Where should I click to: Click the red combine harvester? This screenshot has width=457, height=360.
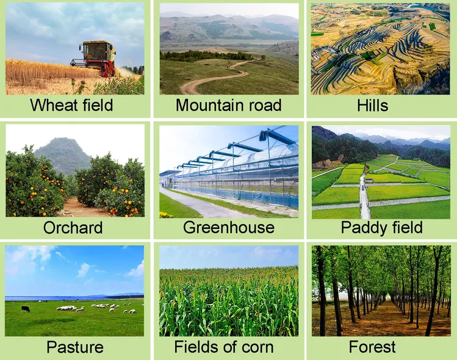[94, 58]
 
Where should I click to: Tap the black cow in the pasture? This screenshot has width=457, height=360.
[26, 309]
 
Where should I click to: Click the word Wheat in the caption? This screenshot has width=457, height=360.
[54, 105]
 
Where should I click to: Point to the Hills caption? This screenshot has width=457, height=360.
[372, 105]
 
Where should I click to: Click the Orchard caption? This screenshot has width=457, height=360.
[73, 228]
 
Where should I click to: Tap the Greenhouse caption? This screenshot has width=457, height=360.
[228, 228]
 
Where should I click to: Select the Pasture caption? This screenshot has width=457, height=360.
[75, 347]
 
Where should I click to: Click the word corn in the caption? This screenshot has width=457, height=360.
[257, 347]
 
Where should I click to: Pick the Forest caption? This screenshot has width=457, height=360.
[372, 347]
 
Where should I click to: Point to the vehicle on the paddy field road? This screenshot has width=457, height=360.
[362, 188]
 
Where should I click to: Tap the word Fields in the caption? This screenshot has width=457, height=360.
[195, 347]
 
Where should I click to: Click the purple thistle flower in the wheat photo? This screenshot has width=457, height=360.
[83, 84]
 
